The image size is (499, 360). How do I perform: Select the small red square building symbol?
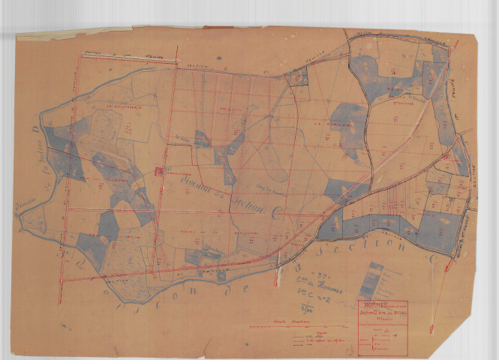158,172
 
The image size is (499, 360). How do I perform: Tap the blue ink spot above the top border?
218,58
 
